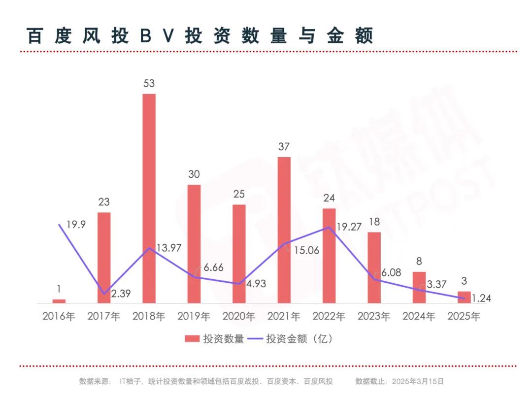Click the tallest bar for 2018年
(149, 197)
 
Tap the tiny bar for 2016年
(59, 300)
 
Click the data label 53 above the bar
(149, 83)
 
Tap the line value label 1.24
(481, 298)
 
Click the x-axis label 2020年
(239, 316)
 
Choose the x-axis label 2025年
(464, 316)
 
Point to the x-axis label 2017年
(103, 316)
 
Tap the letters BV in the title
(157, 36)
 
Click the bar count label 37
(284, 146)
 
